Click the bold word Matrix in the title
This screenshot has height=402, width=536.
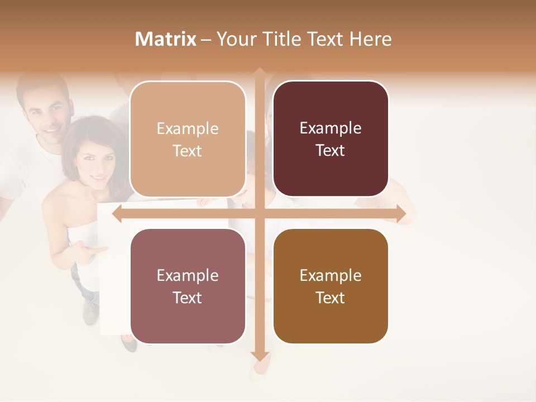(x=166, y=39)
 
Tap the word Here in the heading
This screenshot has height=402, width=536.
(x=370, y=39)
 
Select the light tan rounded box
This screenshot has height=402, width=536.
(x=188, y=139)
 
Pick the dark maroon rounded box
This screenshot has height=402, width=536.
(x=331, y=139)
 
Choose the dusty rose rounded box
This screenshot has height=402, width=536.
(x=188, y=286)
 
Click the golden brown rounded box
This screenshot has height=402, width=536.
(x=331, y=286)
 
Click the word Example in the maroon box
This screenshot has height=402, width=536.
(x=331, y=128)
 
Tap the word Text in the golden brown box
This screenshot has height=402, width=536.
(x=331, y=298)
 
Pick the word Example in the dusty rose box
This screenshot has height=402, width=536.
(x=188, y=275)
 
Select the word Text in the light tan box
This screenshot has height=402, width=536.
(x=188, y=151)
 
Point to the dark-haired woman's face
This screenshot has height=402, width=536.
(x=95, y=162)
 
